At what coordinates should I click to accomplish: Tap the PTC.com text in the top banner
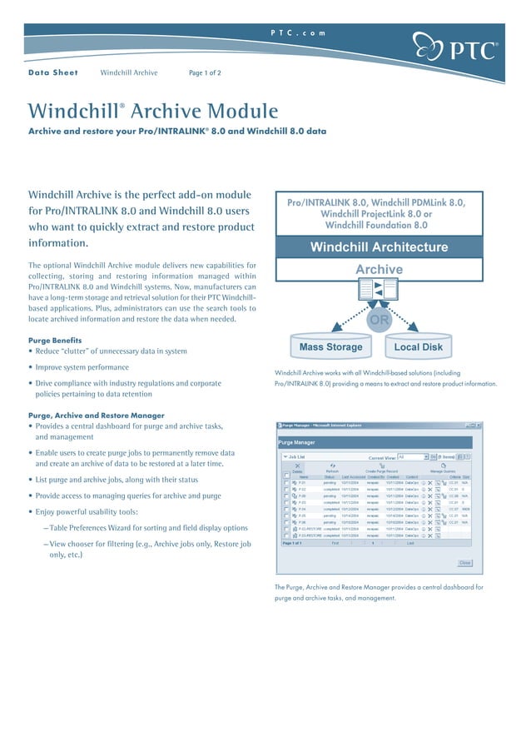click(x=298, y=32)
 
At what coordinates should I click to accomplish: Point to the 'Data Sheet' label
click(x=53, y=73)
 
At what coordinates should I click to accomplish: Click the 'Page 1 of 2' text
click(x=205, y=73)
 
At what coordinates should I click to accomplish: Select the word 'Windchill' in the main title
click(x=73, y=112)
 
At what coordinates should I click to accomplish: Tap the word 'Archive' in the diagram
click(x=379, y=270)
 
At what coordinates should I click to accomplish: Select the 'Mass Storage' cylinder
click(x=330, y=346)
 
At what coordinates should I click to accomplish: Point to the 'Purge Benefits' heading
click(x=55, y=340)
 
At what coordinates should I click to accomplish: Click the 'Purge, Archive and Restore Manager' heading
click(x=96, y=415)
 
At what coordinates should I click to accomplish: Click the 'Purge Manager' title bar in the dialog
click(x=297, y=442)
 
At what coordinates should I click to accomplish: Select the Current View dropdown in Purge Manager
click(x=412, y=457)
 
